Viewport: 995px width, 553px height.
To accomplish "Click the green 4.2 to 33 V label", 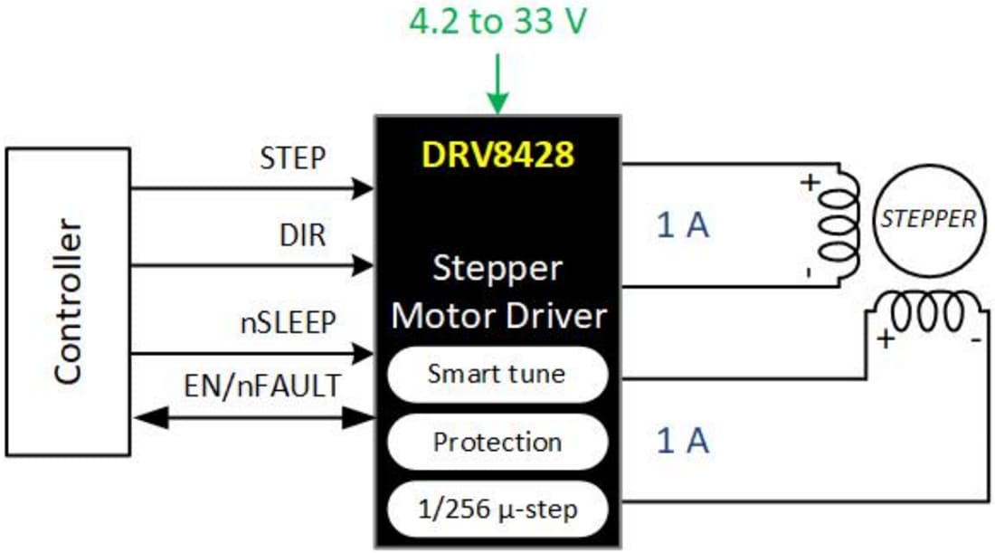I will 498,22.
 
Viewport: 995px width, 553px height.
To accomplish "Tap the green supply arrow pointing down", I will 497,86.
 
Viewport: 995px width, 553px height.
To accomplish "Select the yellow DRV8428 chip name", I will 497,155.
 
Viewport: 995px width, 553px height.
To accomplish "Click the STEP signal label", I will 291,158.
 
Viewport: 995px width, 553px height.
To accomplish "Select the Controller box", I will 68,301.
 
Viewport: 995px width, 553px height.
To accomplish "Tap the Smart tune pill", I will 497,374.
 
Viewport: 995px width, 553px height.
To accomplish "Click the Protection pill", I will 497,442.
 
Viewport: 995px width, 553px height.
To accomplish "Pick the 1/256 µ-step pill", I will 497,510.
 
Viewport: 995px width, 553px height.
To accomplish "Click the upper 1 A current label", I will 683,225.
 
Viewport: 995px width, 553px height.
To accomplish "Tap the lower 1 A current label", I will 683,441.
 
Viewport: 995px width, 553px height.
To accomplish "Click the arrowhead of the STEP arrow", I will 364,188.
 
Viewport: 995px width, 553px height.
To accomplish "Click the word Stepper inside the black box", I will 497,269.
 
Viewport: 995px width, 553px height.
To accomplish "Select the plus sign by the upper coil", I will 810,181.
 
